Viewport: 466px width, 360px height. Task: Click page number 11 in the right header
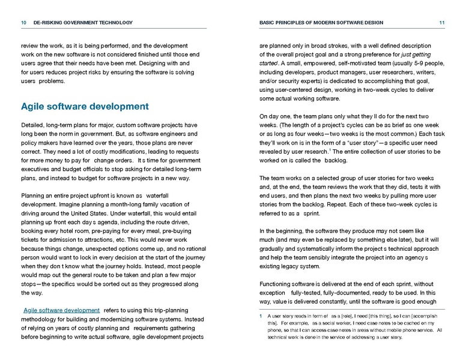click(441, 23)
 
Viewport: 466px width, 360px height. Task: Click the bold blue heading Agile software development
click(85, 107)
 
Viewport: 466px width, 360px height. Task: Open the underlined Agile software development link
click(61, 310)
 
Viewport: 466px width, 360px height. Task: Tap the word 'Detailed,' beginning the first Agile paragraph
click(34, 125)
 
